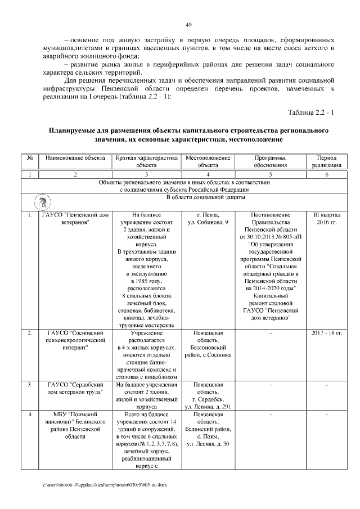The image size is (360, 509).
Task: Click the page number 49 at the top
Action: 189,24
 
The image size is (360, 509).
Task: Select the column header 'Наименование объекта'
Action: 75,158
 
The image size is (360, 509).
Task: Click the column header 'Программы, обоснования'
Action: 271,162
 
